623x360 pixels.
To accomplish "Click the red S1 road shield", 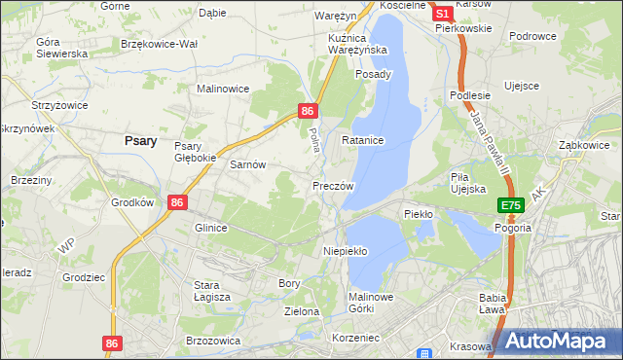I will pyautogui.click(x=441, y=14).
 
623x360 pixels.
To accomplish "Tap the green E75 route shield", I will pyautogui.click(x=512, y=205).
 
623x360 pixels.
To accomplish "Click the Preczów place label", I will pyautogui.click(x=333, y=185).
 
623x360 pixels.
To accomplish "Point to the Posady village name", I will pyautogui.click(x=374, y=74).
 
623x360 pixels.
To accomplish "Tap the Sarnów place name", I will pyautogui.click(x=247, y=164).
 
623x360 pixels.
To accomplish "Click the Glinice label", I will pyautogui.click(x=211, y=228).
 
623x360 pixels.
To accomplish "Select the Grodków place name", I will pyautogui.click(x=133, y=203).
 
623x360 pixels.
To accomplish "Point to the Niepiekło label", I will pyautogui.click(x=345, y=250).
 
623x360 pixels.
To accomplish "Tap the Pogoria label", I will pyautogui.click(x=512, y=227).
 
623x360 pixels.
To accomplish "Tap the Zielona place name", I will pyautogui.click(x=302, y=311).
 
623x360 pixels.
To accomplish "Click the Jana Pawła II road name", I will pyautogui.click(x=490, y=141).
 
